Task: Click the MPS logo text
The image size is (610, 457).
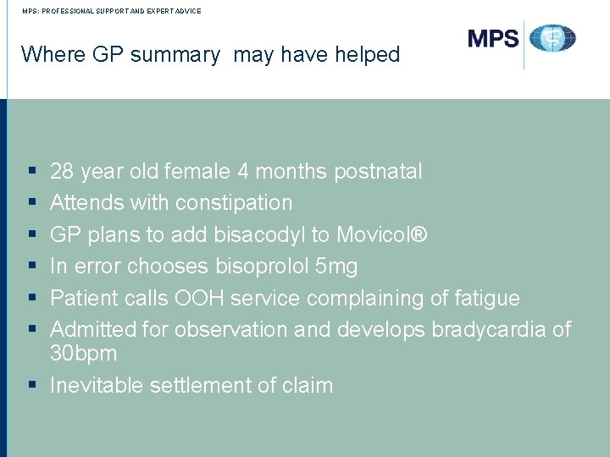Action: pyautogui.click(x=493, y=39)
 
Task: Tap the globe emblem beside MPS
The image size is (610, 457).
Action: pyautogui.click(x=552, y=39)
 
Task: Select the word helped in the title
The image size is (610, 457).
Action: pyautogui.click(x=363, y=55)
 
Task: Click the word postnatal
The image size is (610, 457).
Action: pyautogui.click(x=378, y=172)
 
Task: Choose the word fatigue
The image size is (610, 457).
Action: pyautogui.click(x=487, y=299)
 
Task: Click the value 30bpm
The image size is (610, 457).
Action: pyautogui.click(x=83, y=353)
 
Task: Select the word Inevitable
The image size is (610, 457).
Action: pyautogui.click(x=97, y=386)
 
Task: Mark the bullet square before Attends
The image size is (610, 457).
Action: pyautogui.click(x=30, y=203)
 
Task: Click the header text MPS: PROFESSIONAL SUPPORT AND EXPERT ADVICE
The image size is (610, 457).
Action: pyautogui.click(x=106, y=11)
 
